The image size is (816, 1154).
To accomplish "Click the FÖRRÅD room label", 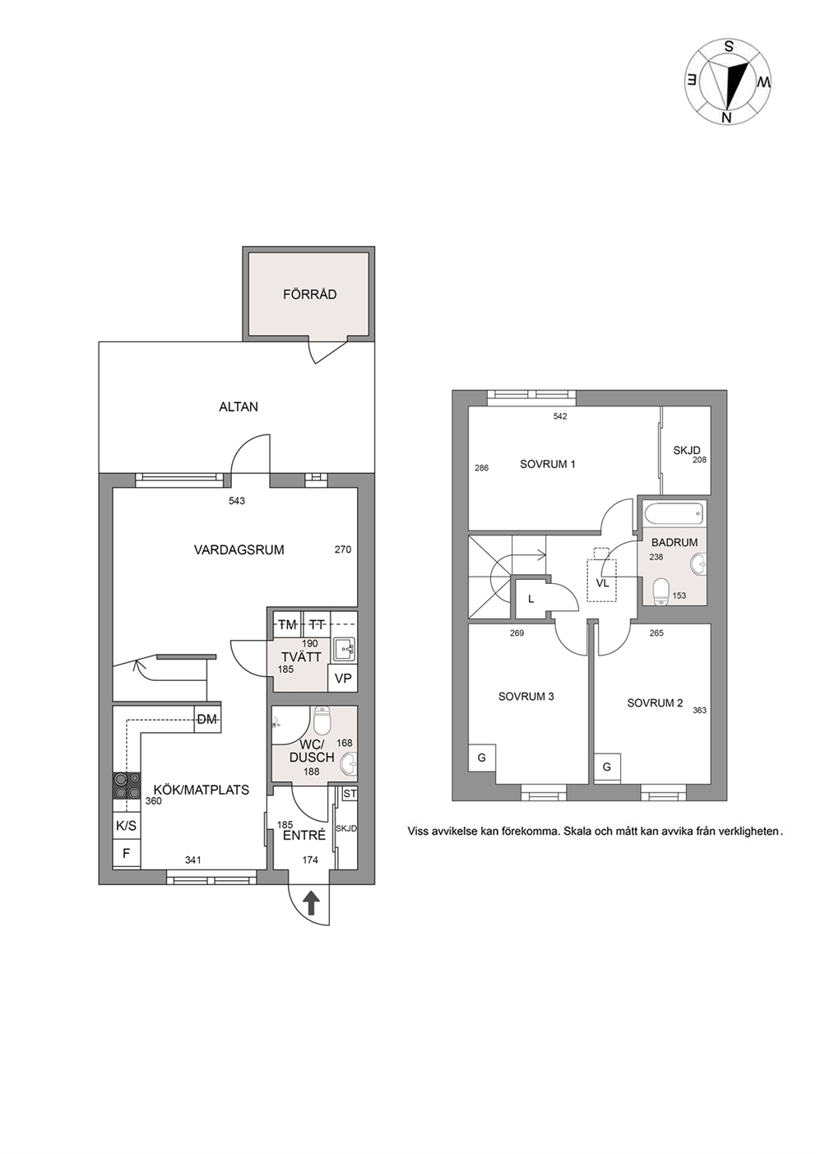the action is [x=309, y=294].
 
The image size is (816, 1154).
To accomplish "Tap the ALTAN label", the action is [x=239, y=407].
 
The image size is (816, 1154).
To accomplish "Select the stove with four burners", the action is [x=127, y=786].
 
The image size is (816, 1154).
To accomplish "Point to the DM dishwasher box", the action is [x=207, y=720].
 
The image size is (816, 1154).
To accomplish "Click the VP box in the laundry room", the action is [x=343, y=678].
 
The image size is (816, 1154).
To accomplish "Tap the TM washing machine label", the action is [x=287, y=625].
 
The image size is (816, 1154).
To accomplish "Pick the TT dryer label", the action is [x=317, y=625].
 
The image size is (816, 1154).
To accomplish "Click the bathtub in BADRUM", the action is [x=673, y=513].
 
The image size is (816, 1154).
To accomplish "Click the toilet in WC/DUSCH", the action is [x=322, y=721].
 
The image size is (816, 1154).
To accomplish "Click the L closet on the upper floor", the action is [x=531, y=599].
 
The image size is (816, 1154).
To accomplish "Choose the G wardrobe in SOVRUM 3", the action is [x=482, y=758].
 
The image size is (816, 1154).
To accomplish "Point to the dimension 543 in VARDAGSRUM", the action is [x=236, y=500].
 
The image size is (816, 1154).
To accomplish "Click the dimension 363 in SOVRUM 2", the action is [x=699, y=710].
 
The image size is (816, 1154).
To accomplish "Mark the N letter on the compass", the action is [x=727, y=118].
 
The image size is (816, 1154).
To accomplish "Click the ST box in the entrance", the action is [x=350, y=794].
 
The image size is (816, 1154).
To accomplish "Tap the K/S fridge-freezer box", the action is [x=126, y=825].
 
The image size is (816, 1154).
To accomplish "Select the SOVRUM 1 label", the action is [x=548, y=464].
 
